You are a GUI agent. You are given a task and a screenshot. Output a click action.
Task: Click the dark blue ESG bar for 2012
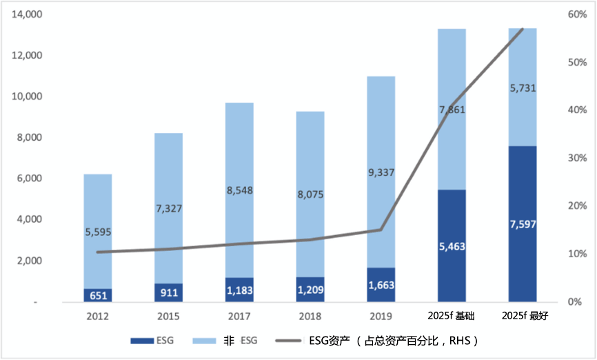98,295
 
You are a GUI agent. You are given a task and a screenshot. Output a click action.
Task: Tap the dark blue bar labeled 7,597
522,224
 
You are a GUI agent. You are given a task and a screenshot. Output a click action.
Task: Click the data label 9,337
381,173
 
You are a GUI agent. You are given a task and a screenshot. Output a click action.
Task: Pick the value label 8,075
310,194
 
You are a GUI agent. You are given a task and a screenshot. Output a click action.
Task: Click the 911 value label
168,293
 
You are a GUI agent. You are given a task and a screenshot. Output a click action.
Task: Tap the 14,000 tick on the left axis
28,14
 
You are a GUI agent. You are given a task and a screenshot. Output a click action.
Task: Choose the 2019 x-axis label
381,317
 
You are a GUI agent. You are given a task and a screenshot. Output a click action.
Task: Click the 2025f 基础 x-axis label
452,317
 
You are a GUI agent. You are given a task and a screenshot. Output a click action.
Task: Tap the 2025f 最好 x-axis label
522,317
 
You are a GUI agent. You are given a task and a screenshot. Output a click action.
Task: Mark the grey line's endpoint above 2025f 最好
522,30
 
